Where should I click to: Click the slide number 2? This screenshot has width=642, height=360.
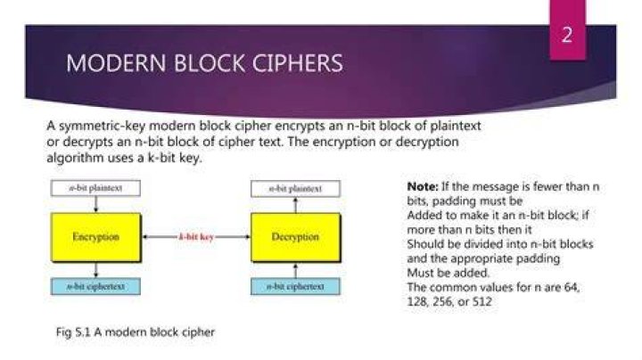(x=567, y=35)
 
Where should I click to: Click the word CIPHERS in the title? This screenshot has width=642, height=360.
(x=297, y=63)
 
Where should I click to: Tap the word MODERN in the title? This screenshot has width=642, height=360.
(x=116, y=63)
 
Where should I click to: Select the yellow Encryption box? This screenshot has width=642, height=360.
(x=95, y=237)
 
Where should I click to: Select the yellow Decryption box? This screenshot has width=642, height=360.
(x=296, y=237)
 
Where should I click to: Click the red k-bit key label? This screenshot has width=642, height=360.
(x=196, y=237)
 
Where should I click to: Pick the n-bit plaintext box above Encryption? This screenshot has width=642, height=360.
(x=95, y=188)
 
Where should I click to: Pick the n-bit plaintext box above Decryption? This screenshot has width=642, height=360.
(x=296, y=189)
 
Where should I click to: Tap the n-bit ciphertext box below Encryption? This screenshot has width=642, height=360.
(x=95, y=286)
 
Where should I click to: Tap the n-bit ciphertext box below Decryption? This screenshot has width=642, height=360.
(x=296, y=286)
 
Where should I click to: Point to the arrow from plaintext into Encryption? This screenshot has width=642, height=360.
(x=95, y=205)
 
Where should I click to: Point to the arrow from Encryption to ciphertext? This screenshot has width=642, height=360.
(x=95, y=270)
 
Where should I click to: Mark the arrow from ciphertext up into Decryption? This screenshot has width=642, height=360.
(x=296, y=270)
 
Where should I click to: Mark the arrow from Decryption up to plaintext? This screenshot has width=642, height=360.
(x=296, y=205)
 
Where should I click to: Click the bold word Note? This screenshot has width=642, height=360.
(x=423, y=187)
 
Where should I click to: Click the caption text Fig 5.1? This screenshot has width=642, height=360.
(x=73, y=332)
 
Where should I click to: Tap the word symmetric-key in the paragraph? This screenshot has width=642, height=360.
(x=102, y=126)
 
